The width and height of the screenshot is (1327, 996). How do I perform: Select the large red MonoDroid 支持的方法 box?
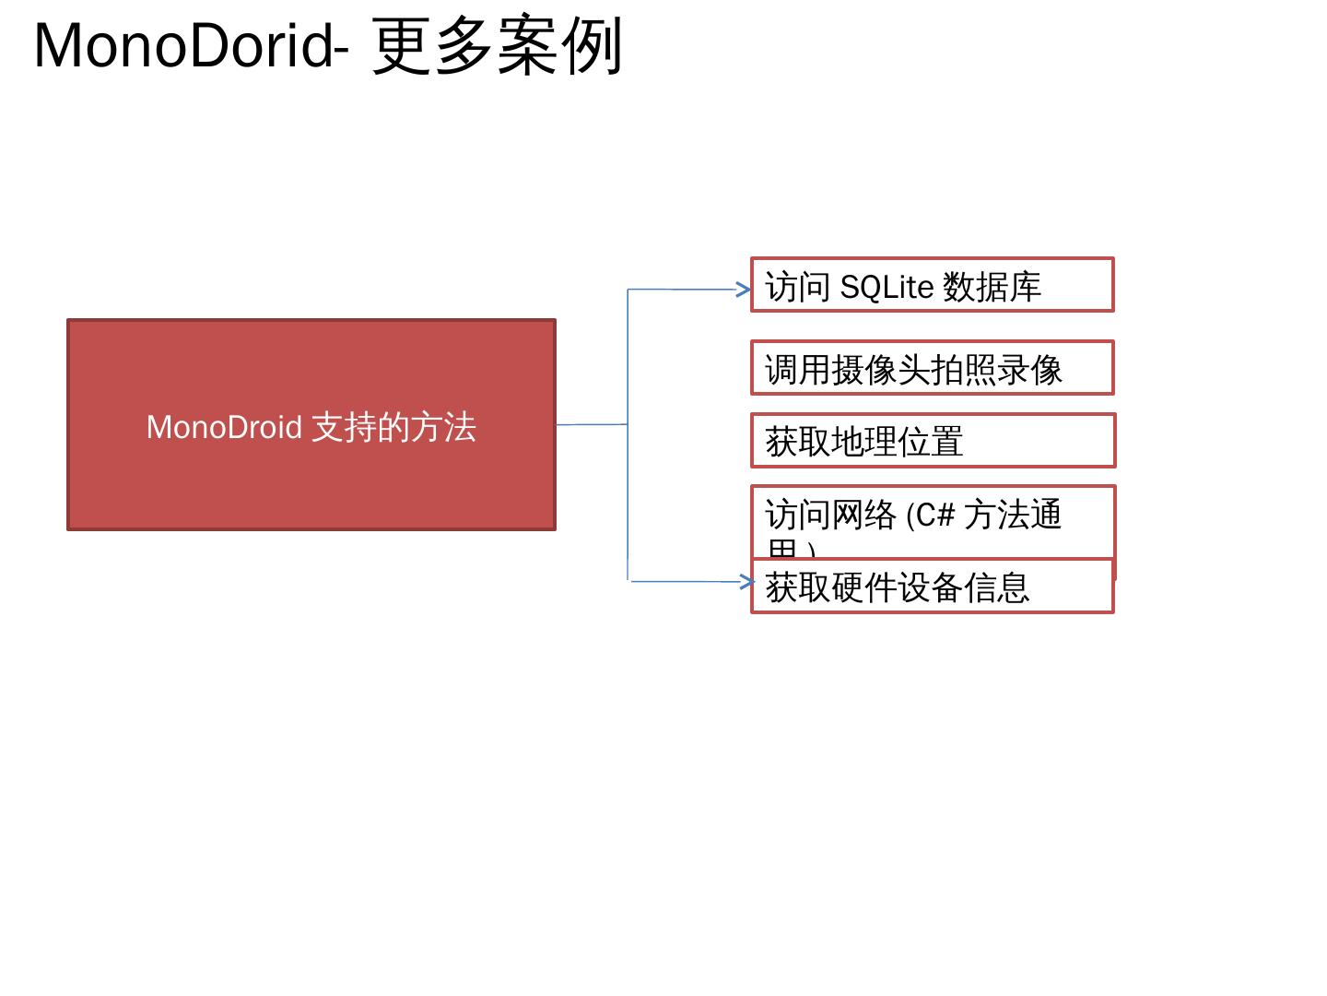(311, 480)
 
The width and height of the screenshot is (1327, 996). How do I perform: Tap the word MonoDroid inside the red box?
(224, 428)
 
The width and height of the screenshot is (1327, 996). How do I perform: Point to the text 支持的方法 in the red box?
(394, 428)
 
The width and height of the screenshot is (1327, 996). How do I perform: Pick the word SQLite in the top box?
(887, 288)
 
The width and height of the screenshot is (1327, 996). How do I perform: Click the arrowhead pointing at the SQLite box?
(745, 290)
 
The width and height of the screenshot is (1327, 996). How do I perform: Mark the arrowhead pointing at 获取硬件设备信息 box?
(748, 582)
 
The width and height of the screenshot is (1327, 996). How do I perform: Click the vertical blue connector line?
(628, 369)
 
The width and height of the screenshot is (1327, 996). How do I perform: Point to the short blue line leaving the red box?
(592, 424)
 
